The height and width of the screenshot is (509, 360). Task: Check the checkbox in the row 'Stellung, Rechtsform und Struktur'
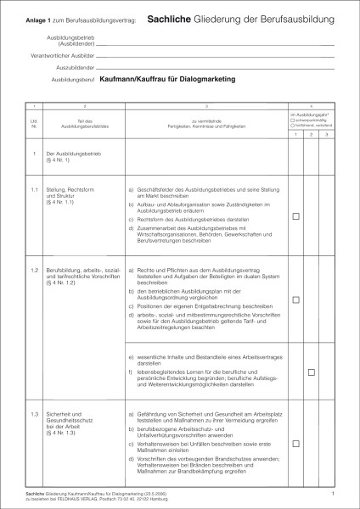[295, 217]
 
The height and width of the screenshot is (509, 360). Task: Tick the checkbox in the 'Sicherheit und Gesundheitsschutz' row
[295, 441]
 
